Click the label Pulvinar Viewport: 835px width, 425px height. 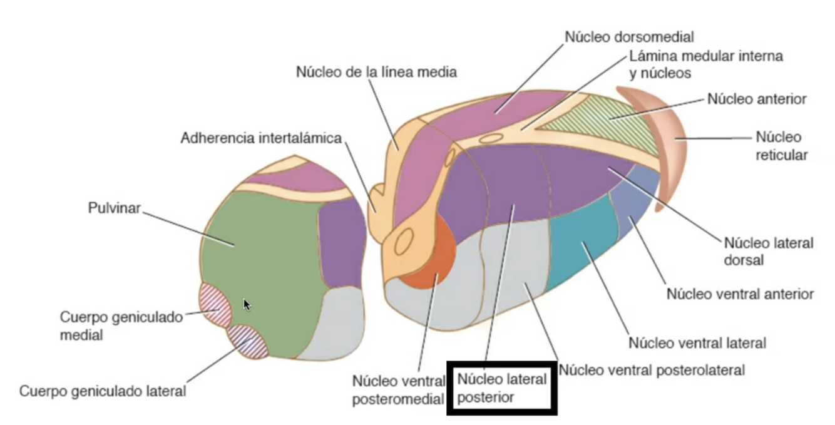click(x=115, y=208)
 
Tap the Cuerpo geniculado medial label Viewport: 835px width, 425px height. click(x=122, y=325)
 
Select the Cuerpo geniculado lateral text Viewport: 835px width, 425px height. click(x=103, y=392)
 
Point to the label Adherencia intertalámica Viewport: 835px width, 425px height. click(x=261, y=138)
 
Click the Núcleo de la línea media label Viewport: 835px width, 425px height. click(x=376, y=72)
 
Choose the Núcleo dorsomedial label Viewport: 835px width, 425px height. click(x=629, y=37)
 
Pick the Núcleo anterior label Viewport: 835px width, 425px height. click(x=757, y=98)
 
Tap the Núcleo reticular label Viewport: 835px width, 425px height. click(x=778, y=146)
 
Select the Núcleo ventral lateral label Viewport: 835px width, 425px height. click(x=697, y=343)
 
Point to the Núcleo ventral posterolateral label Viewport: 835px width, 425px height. click(x=652, y=370)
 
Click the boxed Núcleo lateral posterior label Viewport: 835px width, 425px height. click(x=502, y=388)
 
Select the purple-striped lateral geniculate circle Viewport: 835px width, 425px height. click(x=248, y=341)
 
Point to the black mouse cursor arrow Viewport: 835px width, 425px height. click(x=247, y=304)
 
